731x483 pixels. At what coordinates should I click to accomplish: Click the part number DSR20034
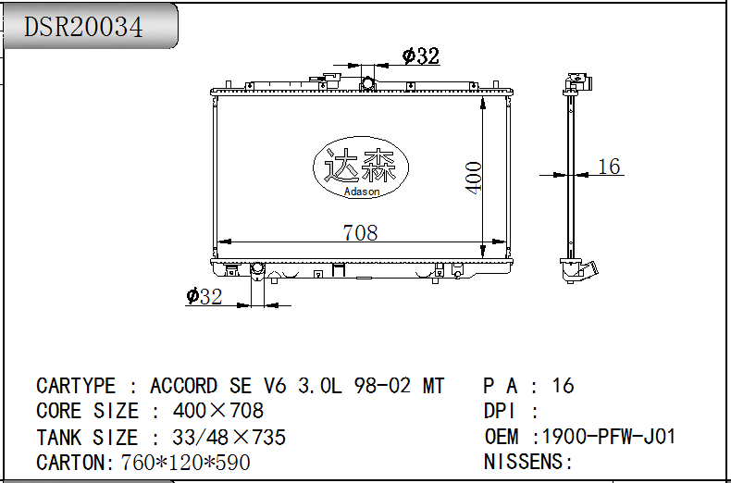coord(83,27)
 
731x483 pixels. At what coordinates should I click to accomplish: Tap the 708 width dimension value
coord(360,232)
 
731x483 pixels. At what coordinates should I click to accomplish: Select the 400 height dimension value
coord(474,178)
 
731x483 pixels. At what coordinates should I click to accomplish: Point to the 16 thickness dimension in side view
coord(609,167)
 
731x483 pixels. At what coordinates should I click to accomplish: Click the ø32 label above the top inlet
coord(420,56)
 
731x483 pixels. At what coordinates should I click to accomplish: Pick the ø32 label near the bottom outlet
coord(204,296)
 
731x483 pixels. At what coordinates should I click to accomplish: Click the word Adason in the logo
coord(362,192)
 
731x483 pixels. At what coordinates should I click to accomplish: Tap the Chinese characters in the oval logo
coord(360,166)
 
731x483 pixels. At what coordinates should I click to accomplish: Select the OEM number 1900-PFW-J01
coord(608,437)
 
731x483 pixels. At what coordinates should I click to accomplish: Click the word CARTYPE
coord(76,386)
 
